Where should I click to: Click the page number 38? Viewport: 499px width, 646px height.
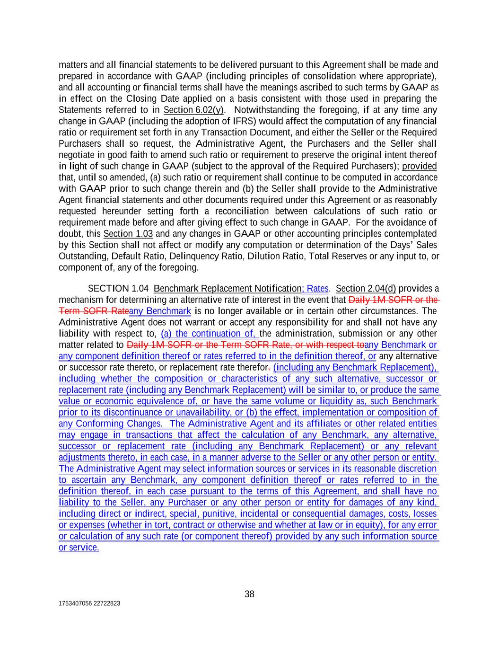tap(249, 594)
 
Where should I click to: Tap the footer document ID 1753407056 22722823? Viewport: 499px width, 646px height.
tap(89, 603)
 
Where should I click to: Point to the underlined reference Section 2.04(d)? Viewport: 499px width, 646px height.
tap(366, 289)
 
